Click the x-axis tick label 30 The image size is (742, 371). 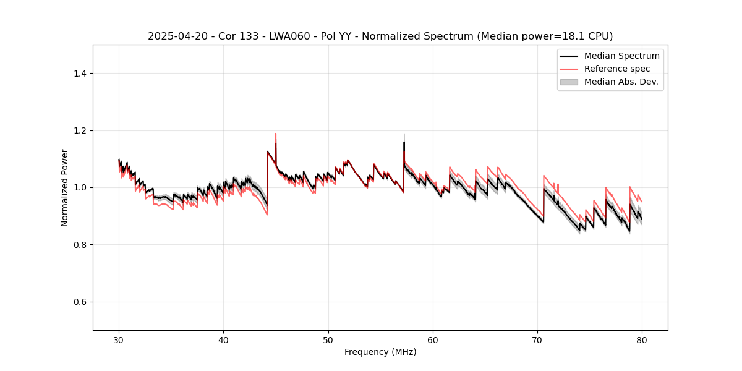click(x=119, y=339)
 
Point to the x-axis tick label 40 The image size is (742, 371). click(x=224, y=339)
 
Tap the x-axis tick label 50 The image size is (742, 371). click(x=328, y=339)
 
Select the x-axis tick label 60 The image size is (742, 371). click(x=433, y=339)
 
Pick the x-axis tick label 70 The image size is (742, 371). click(x=537, y=339)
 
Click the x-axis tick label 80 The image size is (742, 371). click(x=642, y=339)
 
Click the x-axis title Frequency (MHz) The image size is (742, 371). click(x=380, y=352)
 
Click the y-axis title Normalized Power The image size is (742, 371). click(x=65, y=187)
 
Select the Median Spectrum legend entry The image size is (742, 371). click(x=621, y=56)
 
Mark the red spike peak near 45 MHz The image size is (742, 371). click(x=276, y=134)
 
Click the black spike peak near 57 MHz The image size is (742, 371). click(x=404, y=142)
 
